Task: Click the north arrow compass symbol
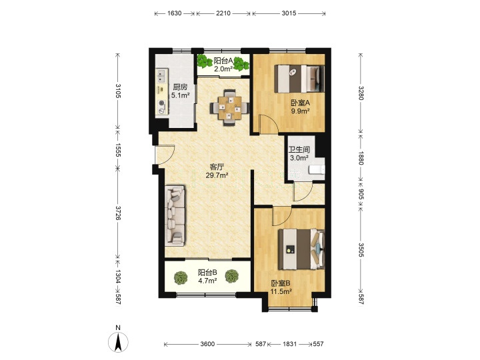(118, 341)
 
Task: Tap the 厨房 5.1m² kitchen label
(180, 91)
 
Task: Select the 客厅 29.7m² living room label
(217, 171)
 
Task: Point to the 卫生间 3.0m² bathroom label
(299, 154)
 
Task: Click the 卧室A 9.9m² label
(300, 107)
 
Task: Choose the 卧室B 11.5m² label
(281, 287)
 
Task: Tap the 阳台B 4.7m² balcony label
(207, 276)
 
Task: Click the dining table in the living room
(229, 108)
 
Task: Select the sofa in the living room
(175, 215)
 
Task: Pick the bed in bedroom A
(299, 79)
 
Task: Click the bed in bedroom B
(301, 249)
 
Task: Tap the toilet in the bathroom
(317, 169)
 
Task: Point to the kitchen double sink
(161, 76)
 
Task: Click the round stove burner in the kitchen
(161, 103)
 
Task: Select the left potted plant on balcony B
(181, 277)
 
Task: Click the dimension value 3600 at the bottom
(207, 344)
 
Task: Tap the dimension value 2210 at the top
(223, 13)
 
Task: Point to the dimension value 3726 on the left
(118, 213)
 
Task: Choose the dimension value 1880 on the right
(361, 158)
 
